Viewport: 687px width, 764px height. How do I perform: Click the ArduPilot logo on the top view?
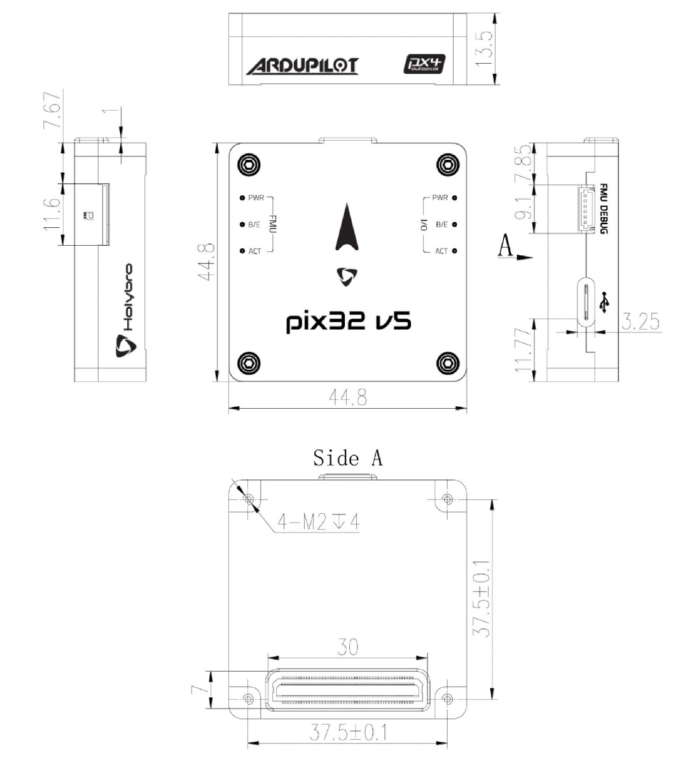click(302, 66)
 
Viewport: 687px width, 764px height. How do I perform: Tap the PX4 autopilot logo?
click(425, 64)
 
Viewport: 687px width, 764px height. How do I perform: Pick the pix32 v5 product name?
click(348, 322)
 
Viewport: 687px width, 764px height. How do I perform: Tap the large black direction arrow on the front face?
click(347, 228)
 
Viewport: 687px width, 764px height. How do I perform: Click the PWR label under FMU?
click(256, 198)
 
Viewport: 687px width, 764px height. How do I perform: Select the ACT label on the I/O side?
click(441, 251)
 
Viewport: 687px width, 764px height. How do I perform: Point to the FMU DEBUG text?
click(602, 209)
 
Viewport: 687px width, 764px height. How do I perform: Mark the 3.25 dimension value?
click(639, 322)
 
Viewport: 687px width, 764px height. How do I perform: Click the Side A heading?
click(347, 457)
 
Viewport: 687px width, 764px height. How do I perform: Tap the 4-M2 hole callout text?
click(318, 522)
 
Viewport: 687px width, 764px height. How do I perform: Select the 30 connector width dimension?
click(347, 647)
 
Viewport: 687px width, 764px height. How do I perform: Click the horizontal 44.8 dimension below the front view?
click(347, 397)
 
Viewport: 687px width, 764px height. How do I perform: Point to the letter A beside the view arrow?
click(505, 245)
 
